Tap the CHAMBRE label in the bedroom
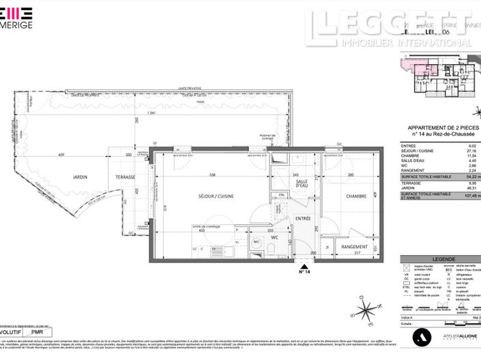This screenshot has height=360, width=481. click(x=357, y=196)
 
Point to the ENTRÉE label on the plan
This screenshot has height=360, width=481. click(x=303, y=219)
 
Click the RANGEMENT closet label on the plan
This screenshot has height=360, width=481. click(x=355, y=247)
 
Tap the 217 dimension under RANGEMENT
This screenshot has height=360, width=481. click(x=357, y=255)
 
